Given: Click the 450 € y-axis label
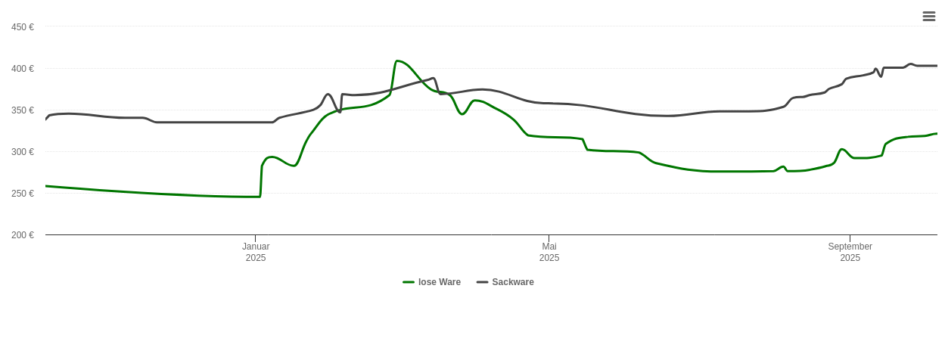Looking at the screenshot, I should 22,27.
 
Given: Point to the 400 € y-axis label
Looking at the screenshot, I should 22,69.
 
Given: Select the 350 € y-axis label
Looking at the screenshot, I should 22,110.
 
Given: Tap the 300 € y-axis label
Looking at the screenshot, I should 22,152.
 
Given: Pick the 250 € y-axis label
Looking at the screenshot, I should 22,194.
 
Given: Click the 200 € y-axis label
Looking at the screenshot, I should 22,235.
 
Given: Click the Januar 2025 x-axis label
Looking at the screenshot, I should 256,252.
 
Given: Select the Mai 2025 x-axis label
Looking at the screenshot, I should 549,252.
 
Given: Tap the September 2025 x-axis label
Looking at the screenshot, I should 850,252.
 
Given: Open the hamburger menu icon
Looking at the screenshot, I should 928,16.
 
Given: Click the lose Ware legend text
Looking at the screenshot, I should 440,282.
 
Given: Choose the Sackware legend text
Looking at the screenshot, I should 513,282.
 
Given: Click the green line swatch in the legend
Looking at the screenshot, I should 409,282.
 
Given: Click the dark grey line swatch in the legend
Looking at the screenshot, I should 482,282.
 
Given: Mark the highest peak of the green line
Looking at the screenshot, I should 397,61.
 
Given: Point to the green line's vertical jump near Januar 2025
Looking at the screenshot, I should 261,180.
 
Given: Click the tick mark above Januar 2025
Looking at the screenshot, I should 255,238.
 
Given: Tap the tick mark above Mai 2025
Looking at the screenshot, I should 549,238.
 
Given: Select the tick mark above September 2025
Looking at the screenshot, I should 850,238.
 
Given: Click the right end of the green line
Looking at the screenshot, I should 937,134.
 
